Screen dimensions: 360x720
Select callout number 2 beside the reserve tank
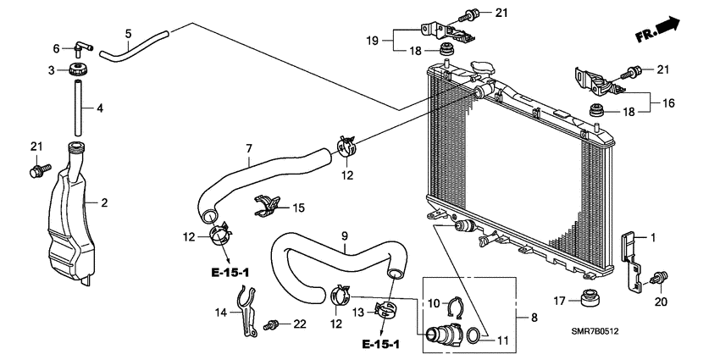click(104, 203)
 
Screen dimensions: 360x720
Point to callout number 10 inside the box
click(431, 302)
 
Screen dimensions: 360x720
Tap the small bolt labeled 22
click(274, 324)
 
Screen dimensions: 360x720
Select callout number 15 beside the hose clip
click(297, 208)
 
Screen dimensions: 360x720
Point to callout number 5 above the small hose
click(128, 34)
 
